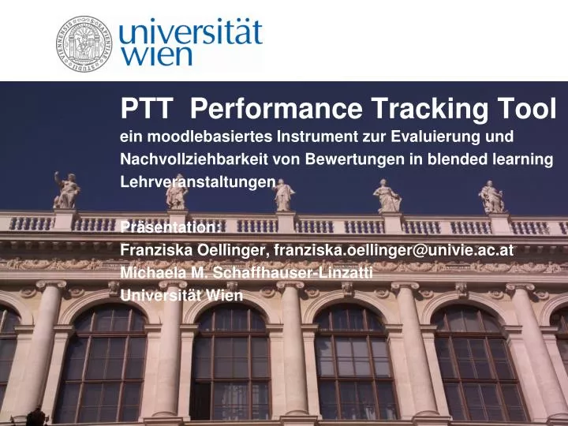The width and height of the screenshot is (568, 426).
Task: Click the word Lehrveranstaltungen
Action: click(196, 181)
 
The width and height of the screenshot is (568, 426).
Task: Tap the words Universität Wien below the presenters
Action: click(181, 296)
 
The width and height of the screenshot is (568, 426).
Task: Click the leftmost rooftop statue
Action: click(67, 191)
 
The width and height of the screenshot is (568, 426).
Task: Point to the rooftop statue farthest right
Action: click(491, 196)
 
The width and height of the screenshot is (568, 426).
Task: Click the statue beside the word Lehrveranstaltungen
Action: click(283, 194)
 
